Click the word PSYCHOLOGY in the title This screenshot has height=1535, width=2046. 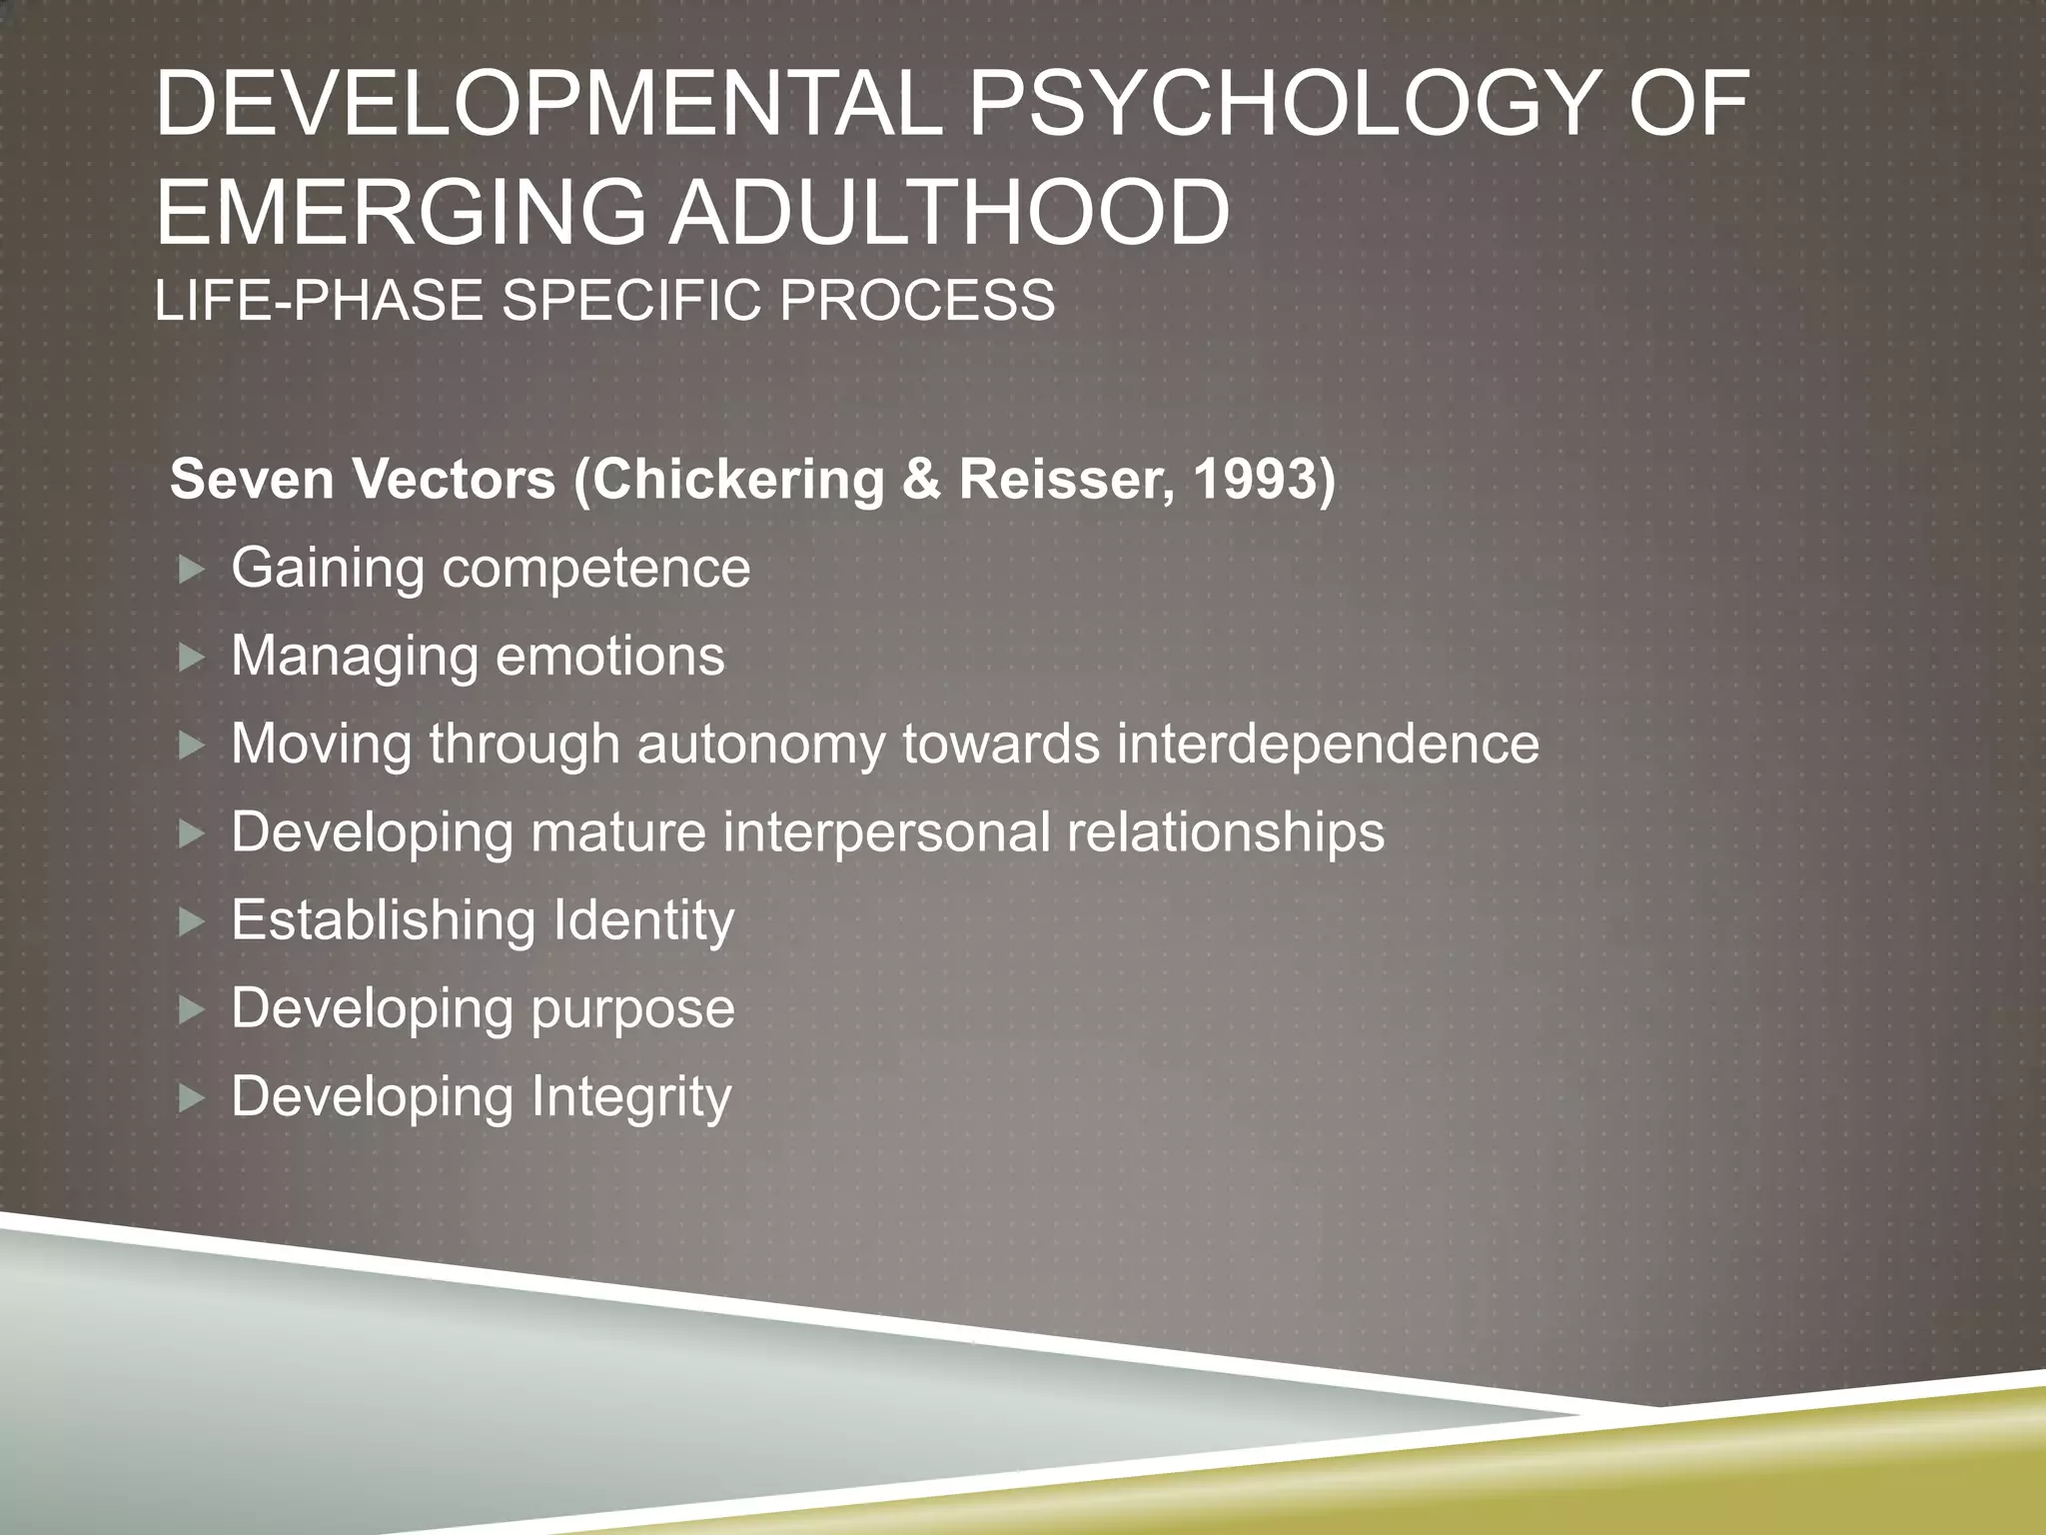pyautogui.click(x=1280, y=104)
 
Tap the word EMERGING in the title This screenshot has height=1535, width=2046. pyautogui.click(x=401, y=212)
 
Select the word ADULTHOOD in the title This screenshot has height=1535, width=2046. pyautogui.click(x=948, y=212)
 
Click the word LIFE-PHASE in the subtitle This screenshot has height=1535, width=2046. pyautogui.click(x=319, y=300)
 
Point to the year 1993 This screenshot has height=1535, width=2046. pyautogui.click(x=1255, y=480)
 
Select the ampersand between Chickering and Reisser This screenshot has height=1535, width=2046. pyautogui.click(x=921, y=480)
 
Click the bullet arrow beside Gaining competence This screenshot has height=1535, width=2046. pyautogui.click(x=191, y=571)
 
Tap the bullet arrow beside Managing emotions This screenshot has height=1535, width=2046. pyautogui.click(x=191, y=658)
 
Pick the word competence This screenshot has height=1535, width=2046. pyautogui.click(x=596, y=569)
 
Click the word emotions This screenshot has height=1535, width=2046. pyautogui.click(x=610, y=657)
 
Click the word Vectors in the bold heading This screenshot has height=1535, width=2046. pyautogui.click(x=454, y=480)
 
